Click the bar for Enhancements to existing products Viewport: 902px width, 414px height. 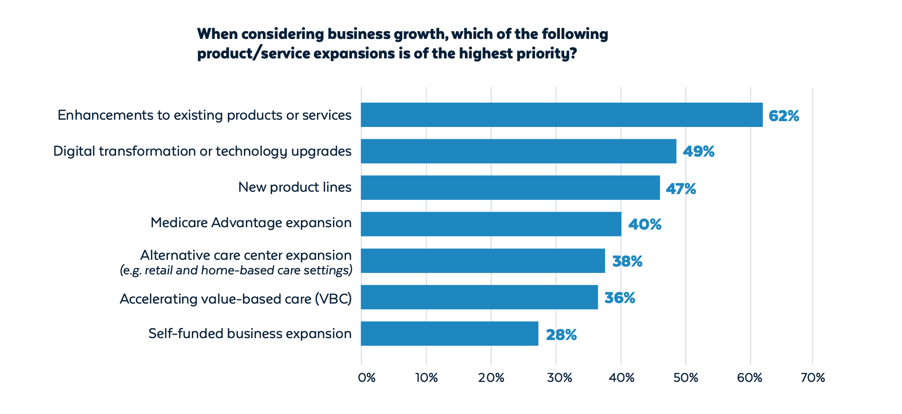(561, 115)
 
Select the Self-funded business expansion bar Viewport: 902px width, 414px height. (449, 334)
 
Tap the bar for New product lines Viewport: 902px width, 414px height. (510, 188)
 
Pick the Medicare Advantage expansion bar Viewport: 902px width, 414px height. (491, 224)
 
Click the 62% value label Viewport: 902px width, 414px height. (784, 116)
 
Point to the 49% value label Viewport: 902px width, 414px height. (699, 152)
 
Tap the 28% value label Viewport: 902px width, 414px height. (561, 335)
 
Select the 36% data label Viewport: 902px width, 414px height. (620, 298)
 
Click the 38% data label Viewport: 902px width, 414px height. (627, 262)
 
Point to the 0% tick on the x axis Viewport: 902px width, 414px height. (367, 378)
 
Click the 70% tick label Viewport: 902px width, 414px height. (812, 378)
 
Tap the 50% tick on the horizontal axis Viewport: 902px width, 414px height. (686, 378)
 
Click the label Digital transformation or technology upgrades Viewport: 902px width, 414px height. (202, 151)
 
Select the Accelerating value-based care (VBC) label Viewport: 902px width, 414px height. (236, 299)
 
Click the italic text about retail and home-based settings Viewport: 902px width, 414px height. (236, 270)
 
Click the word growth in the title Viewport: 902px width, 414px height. (420, 34)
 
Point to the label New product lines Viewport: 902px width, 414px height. (295, 187)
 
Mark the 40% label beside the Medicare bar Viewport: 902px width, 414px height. (644, 224)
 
